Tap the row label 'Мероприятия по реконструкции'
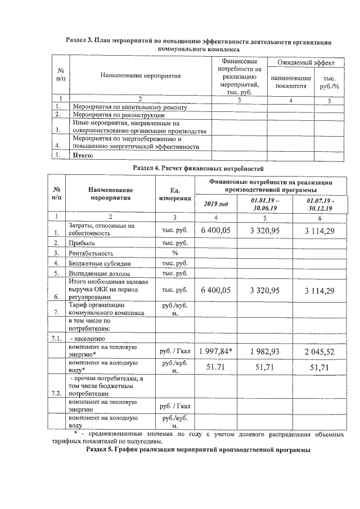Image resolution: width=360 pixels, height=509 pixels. click(x=116, y=114)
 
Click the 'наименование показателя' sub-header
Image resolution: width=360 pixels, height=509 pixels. click(x=290, y=82)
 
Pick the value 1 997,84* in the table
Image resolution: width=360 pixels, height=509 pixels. click(x=216, y=352)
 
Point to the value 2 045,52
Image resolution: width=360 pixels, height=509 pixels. click(x=319, y=352)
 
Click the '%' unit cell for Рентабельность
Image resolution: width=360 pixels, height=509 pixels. click(x=174, y=253)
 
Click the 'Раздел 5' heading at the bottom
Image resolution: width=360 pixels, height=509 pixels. click(x=197, y=451)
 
